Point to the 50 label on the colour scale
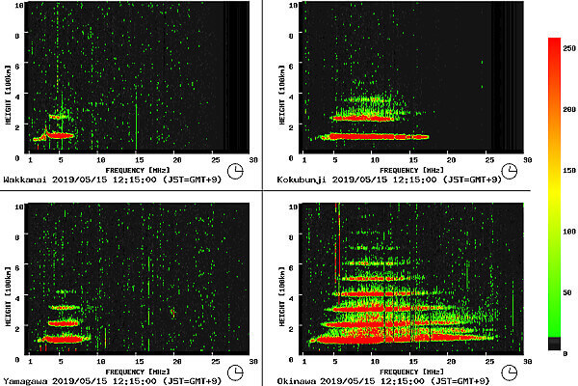click(x=568, y=291)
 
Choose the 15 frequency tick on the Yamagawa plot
click(x=138, y=360)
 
